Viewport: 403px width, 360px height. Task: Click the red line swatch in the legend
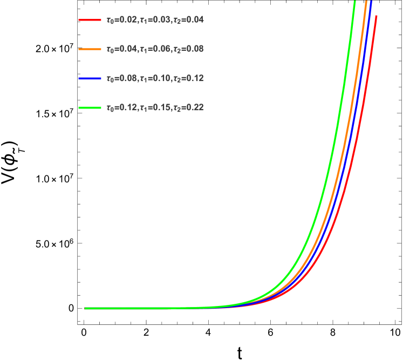[x=90, y=20]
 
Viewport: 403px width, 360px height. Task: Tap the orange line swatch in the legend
[x=90, y=49]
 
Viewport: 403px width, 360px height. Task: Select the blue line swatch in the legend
[x=90, y=78]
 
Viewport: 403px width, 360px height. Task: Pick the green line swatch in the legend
[x=90, y=107]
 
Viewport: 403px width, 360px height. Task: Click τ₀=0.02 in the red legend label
[x=122, y=20]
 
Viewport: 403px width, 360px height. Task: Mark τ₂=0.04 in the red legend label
[x=188, y=20]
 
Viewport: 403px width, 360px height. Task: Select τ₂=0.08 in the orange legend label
[x=188, y=49]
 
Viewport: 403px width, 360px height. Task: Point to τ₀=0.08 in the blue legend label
[x=122, y=78]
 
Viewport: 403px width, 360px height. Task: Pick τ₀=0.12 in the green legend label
[x=122, y=107]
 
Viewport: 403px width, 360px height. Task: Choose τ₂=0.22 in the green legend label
[x=188, y=107]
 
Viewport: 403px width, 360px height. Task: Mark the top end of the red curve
[x=376, y=16]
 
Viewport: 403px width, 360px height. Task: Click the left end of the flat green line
[x=85, y=308]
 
